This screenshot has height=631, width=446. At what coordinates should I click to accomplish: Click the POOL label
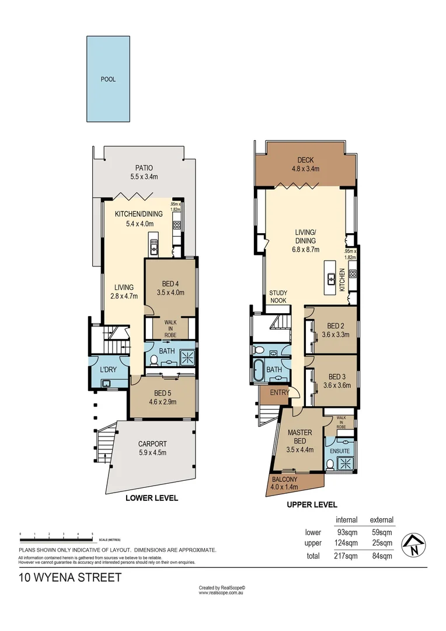(x=108, y=79)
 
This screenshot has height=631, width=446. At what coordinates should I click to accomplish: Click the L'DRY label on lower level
(x=106, y=370)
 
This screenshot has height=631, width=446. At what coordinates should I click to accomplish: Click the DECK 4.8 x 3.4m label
(x=306, y=164)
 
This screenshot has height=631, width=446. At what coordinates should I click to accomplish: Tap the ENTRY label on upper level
(x=279, y=393)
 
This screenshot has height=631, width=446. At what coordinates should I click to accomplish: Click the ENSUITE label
(x=340, y=451)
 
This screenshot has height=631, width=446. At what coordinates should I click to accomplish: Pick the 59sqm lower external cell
(x=382, y=532)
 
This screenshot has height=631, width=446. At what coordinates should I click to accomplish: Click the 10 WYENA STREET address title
(x=71, y=578)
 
